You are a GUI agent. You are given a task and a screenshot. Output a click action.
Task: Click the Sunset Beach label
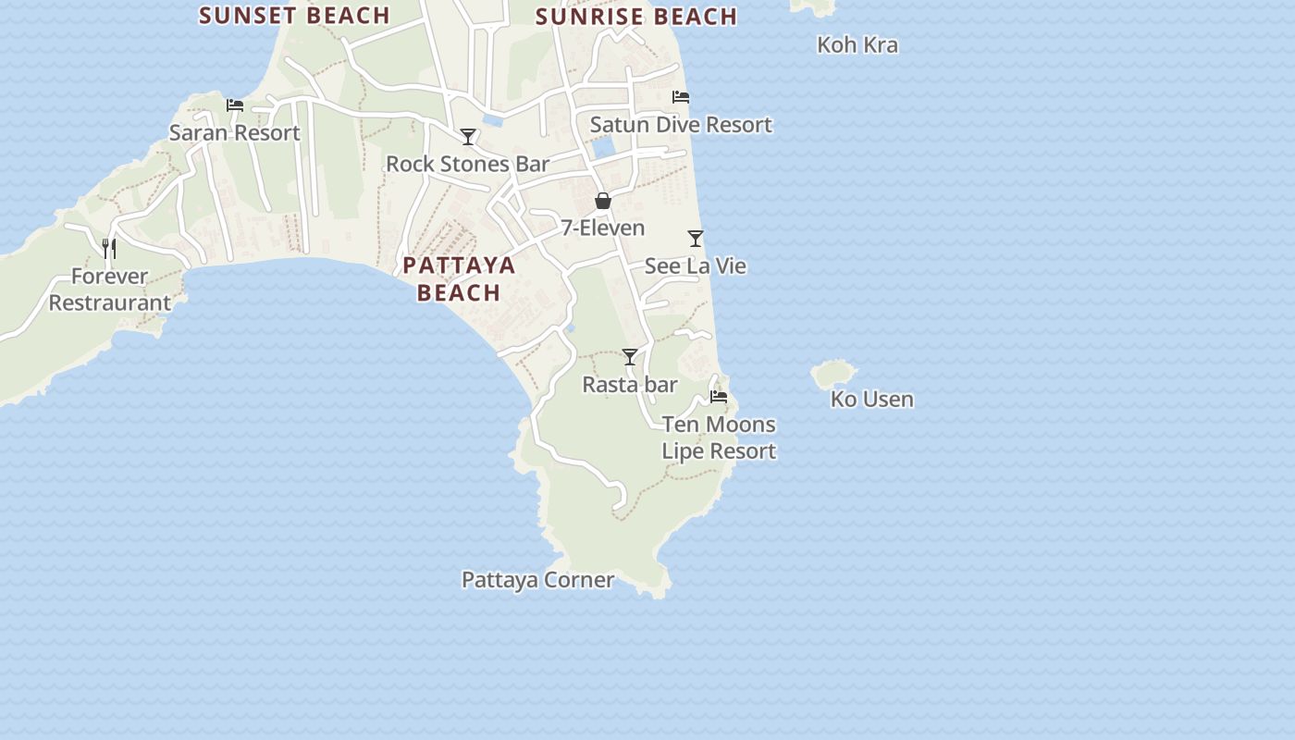pyautogui.click(x=294, y=15)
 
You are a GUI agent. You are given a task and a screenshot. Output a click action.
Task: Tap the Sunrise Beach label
pyautogui.click(x=636, y=16)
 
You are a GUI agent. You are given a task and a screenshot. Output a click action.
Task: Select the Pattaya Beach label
pyautogui.click(x=459, y=278)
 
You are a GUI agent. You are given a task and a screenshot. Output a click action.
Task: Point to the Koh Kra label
pyautogui.click(x=857, y=44)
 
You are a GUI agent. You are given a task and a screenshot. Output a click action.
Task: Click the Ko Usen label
pyautogui.click(x=871, y=399)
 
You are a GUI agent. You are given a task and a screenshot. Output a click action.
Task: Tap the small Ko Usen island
pyautogui.click(x=832, y=374)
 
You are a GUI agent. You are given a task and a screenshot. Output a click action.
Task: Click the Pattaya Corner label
pyautogui.click(x=537, y=579)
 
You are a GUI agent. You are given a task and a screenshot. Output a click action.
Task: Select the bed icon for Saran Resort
pyautogui.click(x=235, y=105)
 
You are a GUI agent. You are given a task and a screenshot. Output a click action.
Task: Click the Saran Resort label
pyautogui.click(x=234, y=132)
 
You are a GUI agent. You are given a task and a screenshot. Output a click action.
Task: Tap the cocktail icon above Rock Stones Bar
pyautogui.click(x=468, y=137)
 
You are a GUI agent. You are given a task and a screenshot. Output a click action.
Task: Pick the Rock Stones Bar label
pyautogui.click(x=467, y=164)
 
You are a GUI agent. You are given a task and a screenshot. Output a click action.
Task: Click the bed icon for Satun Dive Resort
pyautogui.click(x=681, y=97)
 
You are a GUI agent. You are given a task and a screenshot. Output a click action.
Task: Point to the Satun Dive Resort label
pyautogui.click(x=681, y=124)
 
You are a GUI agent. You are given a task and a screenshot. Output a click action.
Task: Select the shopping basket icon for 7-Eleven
pyautogui.click(x=603, y=201)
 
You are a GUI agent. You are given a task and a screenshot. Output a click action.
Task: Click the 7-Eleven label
pyautogui.click(x=603, y=228)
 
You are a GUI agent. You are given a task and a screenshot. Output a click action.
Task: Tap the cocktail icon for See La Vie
pyautogui.click(x=696, y=239)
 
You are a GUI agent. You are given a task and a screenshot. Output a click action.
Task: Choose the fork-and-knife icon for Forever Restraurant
pyautogui.click(x=109, y=248)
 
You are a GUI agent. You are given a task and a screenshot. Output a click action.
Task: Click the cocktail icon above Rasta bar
pyautogui.click(x=630, y=357)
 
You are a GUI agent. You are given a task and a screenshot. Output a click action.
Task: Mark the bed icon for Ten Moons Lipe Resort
pyautogui.click(x=719, y=397)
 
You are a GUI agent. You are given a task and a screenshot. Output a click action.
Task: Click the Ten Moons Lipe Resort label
pyautogui.click(x=719, y=438)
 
